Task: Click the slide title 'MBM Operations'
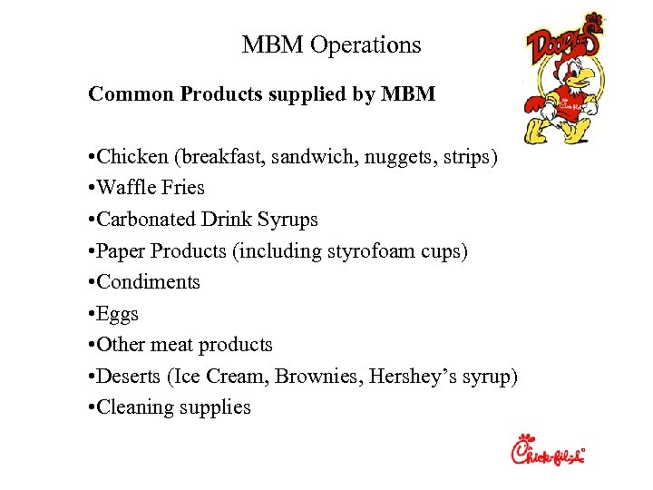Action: point(331,44)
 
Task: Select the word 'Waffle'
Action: point(126,188)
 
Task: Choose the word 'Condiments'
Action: point(149,282)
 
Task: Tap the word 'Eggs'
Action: point(119,314)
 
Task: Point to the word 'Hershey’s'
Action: point(408,377)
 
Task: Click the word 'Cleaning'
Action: point(135,407)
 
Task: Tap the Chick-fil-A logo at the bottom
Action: point(548,452)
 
